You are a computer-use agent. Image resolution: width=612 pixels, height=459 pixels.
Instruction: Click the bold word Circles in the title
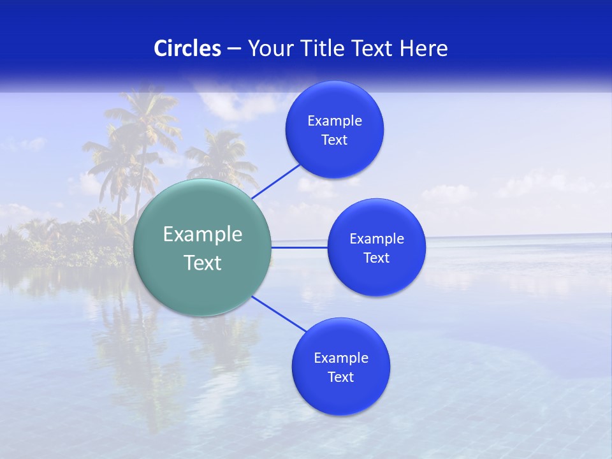[187, 48]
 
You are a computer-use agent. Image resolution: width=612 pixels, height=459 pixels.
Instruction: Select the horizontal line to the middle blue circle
[300, 247]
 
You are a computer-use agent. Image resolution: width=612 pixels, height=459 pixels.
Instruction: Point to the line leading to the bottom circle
[279, 314]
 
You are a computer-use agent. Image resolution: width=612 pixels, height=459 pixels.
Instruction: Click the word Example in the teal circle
[203, 235]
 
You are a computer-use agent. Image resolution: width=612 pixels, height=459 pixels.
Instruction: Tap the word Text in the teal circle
[203, 263]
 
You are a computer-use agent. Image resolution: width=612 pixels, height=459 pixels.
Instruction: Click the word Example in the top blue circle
[335, 121]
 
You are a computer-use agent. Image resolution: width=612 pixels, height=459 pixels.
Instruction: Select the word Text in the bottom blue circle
[341, 377]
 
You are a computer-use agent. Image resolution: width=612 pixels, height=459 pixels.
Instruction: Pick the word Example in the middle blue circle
[377, 239]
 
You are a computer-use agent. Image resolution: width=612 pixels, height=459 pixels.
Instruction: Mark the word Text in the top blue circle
[335, 140]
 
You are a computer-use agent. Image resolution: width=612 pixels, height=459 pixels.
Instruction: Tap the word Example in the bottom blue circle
[341, 358]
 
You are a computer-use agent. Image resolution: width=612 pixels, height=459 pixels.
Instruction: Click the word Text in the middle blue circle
[377, 258]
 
